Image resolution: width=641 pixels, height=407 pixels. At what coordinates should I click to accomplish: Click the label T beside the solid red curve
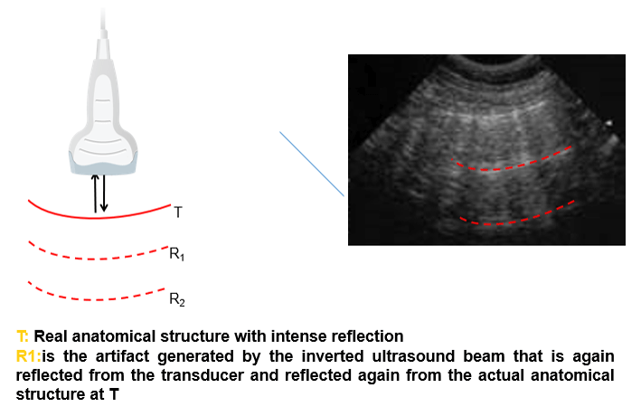click(x=178, y=213)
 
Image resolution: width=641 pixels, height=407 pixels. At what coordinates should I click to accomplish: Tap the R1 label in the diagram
click(x=177, y=254)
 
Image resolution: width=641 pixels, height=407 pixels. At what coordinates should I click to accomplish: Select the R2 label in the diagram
click(x=177, y=299)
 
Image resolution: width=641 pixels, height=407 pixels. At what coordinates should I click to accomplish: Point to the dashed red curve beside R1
click(x=99, y=259)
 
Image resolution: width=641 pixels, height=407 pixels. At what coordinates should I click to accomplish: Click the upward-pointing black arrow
click(x=95, y=194)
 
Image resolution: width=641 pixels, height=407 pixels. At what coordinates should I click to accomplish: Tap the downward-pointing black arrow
click(x=104, y=193)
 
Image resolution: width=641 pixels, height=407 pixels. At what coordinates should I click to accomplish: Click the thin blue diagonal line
click(x=312, y=164)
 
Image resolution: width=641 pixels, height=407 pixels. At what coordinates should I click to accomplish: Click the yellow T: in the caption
click(x=23, y=336)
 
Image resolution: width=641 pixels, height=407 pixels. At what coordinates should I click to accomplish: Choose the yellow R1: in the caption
click(x=29, y=355)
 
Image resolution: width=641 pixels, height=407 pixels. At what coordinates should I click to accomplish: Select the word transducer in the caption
click(x=203, y=375)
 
